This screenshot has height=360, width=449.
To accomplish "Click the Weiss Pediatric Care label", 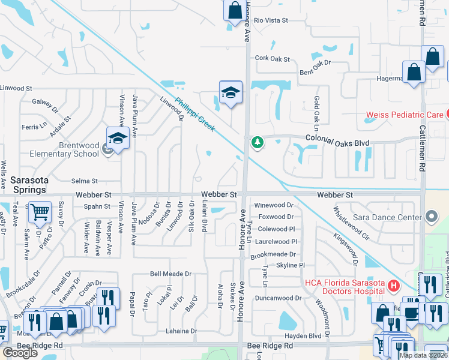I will pyautogui.click(x=405, y=114).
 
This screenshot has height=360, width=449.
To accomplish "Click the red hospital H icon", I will pyautogui.click(x=394, y=286).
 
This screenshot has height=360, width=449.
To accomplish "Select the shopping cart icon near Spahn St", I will pyautogui.click(x=40, y=212).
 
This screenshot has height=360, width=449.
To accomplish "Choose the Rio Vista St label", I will pyautogui.click(x=271, y=20).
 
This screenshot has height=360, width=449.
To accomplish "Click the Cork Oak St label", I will pyautogui.click(x=272, y=59).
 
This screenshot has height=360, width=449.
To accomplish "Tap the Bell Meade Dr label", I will pyautogui.click(x=170, y=274).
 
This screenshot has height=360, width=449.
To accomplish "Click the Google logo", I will pyautogui.click(x=20, y=353).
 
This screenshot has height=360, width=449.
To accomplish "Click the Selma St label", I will pyautogui.click(x=84, y=181).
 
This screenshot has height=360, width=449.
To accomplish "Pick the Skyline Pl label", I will pyautogui.click(x=291, y=265).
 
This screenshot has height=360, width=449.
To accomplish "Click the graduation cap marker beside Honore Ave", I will pyautogui.click(x=231, y=92).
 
